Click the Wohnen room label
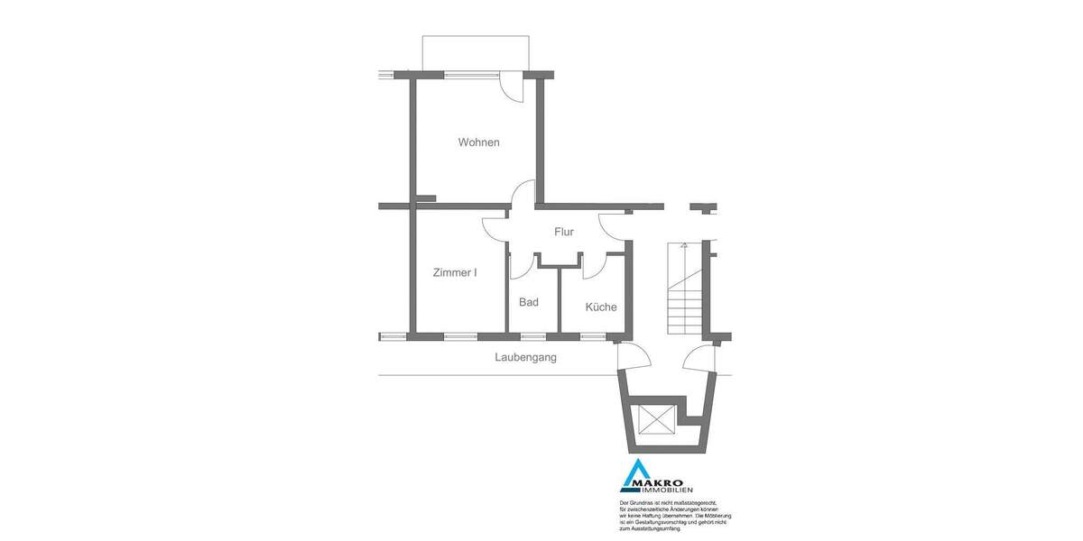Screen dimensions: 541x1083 point(478,142)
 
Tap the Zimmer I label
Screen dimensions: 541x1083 point(455,272)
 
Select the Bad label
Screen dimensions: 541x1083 point(529,302)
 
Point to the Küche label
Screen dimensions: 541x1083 point(601,307)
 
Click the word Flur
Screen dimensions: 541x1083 point(564,232)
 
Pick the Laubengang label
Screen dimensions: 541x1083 point(525,357)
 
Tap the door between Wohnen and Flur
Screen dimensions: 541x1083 point(522,196)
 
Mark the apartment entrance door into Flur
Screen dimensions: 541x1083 point(614,225)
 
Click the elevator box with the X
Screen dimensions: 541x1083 point(655,419)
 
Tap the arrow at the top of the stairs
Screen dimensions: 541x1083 point(684,245)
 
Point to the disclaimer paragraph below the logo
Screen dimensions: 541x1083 point(675,514)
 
